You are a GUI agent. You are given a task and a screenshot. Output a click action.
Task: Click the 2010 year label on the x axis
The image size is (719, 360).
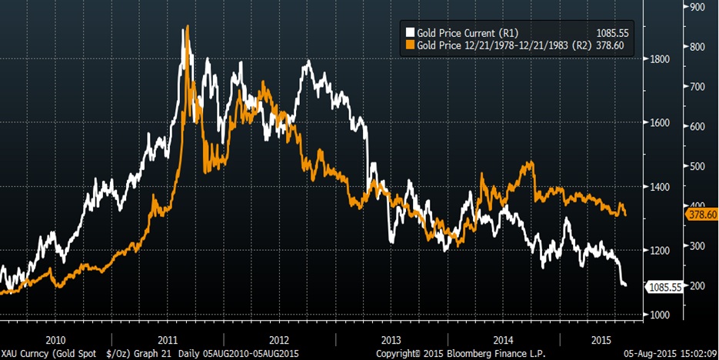(56, 339)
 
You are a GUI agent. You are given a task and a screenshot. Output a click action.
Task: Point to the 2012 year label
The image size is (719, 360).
(278, 339)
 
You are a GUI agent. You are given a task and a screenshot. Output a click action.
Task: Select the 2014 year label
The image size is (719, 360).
(502, 339)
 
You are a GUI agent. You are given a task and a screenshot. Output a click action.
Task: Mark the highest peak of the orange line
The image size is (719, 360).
(187, 28)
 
